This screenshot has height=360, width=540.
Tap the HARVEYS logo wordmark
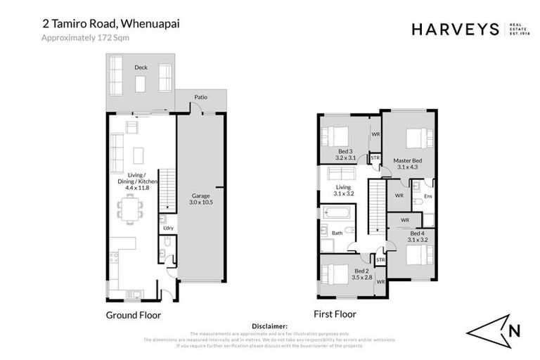[x=455, y=30]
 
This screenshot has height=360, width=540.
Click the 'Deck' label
[x=140, y=67]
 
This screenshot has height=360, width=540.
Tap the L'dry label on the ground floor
[x=168, y=229]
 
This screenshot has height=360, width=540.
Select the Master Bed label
[x=407, y=163]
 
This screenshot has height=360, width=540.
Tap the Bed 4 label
[x=417, y=236]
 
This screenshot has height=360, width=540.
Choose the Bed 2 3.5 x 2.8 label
[x=362, y=274]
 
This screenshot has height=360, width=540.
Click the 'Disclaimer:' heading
[x=269, y=326]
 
